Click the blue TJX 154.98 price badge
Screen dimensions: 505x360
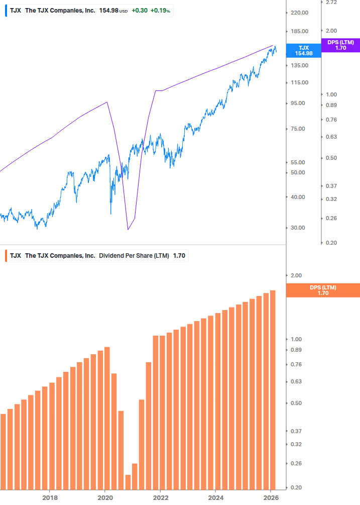point(303,50)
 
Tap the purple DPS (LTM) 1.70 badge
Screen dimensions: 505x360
point(340,45)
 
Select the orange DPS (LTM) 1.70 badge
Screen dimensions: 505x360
point(323,290)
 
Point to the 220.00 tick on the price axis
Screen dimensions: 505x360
point(303,13)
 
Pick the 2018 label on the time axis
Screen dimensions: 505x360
point(49,497)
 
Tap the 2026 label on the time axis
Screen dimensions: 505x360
point(270,497)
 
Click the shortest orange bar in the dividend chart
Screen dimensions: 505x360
point(128,482)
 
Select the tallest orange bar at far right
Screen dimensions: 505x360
point(273,389)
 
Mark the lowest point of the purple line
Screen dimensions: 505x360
point(128,230)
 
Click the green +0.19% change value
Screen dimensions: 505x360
point(161,11)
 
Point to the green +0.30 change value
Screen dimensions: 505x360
point(139,11)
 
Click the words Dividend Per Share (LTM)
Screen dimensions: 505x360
point(134,256)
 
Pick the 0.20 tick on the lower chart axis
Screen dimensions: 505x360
point(296,487)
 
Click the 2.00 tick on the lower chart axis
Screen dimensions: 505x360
point(296,275)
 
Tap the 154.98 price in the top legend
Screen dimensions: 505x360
point(108,11)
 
